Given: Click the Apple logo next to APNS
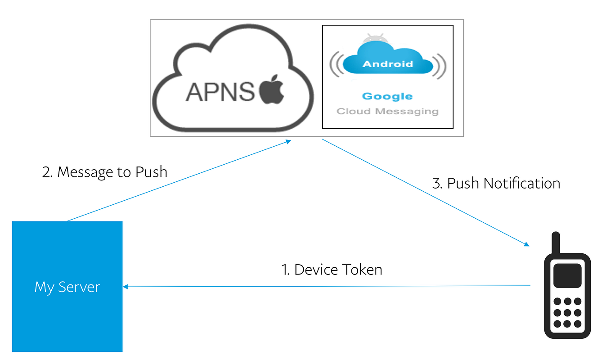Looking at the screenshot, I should pyautogui.click(x=272, y=90).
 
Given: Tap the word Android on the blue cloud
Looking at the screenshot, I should pyautogui.click(x=387, y=64).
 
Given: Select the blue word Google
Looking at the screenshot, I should pyautogui.click(x=387, y=96).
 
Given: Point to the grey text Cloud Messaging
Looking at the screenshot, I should pyautogui.click(x=387, y=111).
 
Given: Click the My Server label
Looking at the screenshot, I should pyautogui.click(x=67, y=287).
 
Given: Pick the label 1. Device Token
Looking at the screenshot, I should pyautogui.click(x=332, y=270).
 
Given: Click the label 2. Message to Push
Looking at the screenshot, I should pyautogui.click(x=104, y=172).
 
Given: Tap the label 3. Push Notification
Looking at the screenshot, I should pyautogui.click(x=496, y=183).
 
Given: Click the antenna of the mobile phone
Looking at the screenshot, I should pyautogui.click(x=556, y=243).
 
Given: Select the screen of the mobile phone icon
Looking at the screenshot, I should pyautogui.click(x=567, y=275).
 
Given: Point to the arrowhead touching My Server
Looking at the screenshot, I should pyautogui.click(x=126, y=287).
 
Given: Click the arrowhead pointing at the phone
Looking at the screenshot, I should pyautogui.click(x=526, y=244).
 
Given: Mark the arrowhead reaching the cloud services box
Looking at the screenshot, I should pyautogui.click(x=288, y=142).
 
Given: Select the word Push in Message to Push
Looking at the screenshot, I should pyautogui.click(x=151, y=172).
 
